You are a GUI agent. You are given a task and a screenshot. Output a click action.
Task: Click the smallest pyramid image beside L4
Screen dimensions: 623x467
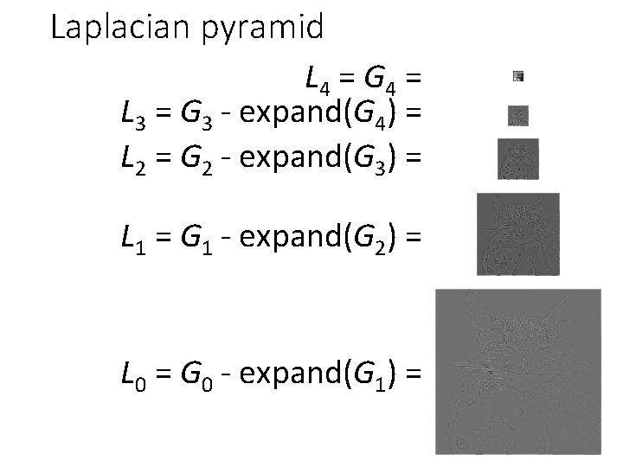(518, 76)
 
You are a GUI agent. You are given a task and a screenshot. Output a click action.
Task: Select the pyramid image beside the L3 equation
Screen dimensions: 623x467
(518, 116)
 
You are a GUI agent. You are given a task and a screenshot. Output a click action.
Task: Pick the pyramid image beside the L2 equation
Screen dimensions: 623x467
(518, 159)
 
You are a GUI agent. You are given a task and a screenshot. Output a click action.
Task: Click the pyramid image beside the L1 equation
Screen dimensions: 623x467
(518, 233)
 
